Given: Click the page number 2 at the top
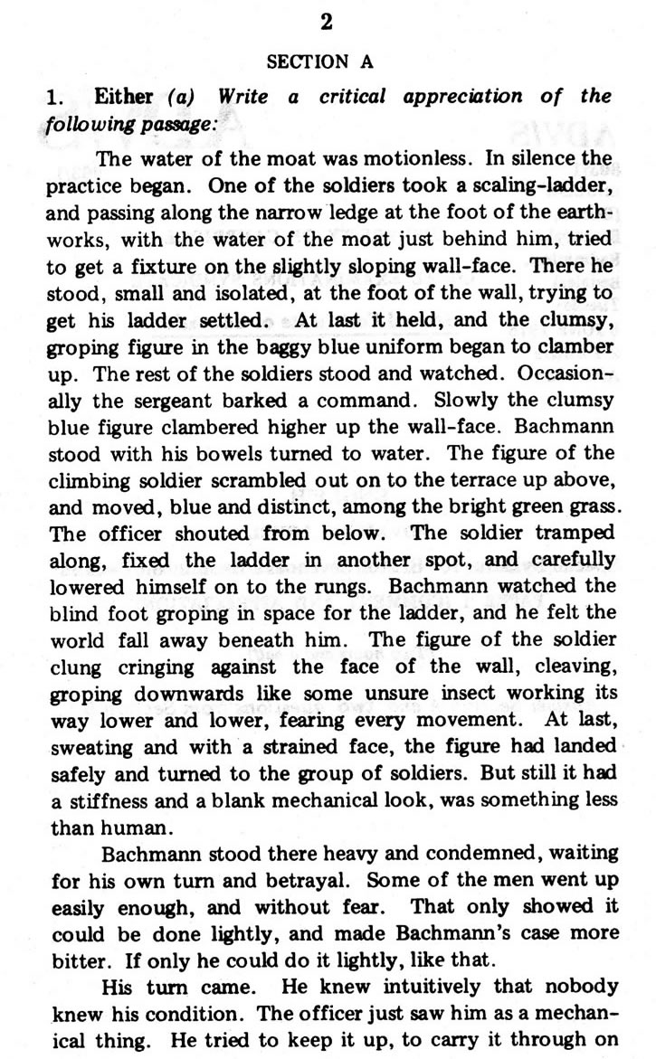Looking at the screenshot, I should [x=327, y=24].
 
